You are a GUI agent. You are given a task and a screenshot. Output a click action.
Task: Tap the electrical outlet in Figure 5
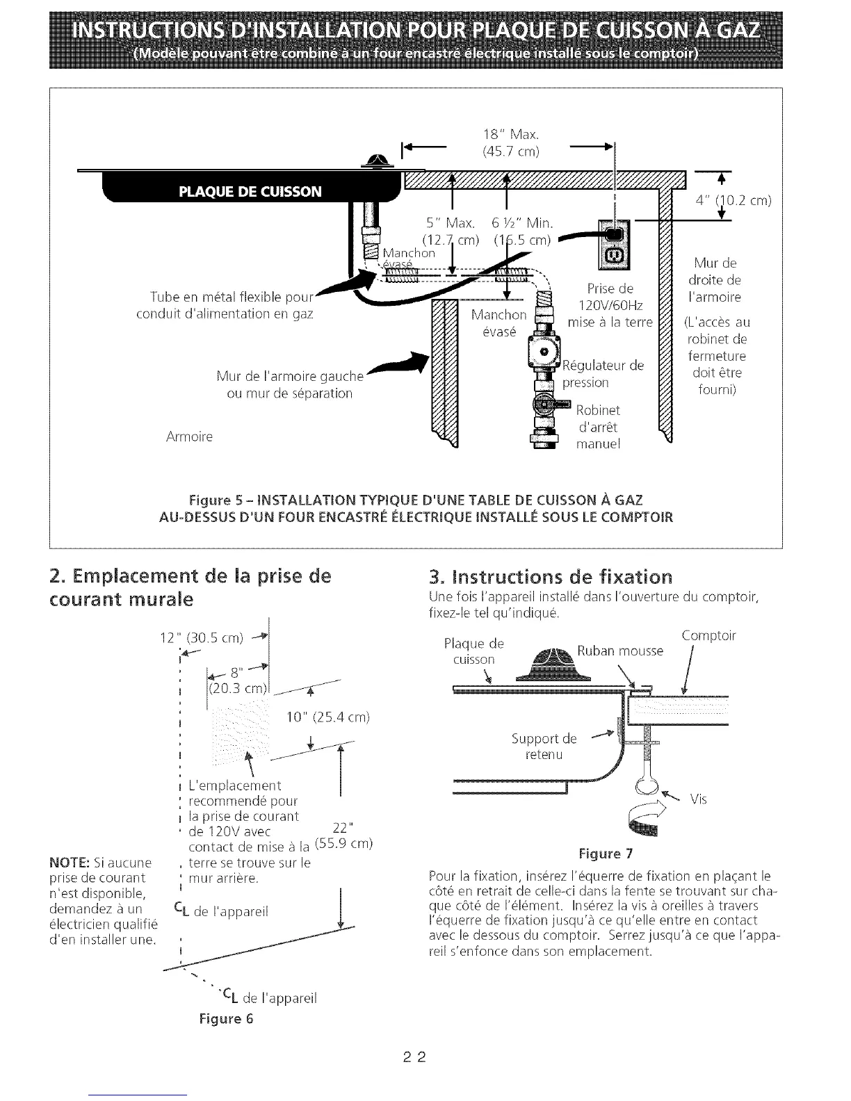(614, 247)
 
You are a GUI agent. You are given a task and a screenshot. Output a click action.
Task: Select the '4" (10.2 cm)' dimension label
(735, 201)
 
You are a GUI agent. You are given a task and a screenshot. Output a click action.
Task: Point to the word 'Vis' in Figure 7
(698, 799)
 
